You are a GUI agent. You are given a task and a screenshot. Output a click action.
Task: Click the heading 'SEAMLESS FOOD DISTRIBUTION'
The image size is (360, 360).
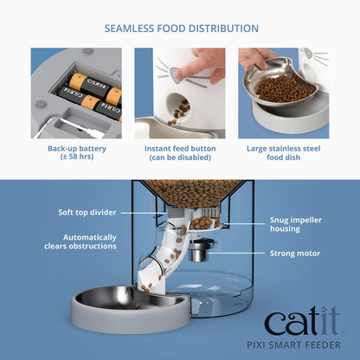pos(180,27)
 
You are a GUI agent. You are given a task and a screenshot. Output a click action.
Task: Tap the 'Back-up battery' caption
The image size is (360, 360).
pos(75,148)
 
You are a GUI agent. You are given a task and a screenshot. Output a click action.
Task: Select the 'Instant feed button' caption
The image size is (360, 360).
pos(180,148)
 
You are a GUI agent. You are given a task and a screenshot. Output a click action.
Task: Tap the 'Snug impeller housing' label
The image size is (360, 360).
pos(286,227)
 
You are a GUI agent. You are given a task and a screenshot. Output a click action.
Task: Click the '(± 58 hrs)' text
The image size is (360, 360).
pos(75,157)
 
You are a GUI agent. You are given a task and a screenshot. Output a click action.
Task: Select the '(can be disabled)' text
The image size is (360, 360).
pos(180,157)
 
